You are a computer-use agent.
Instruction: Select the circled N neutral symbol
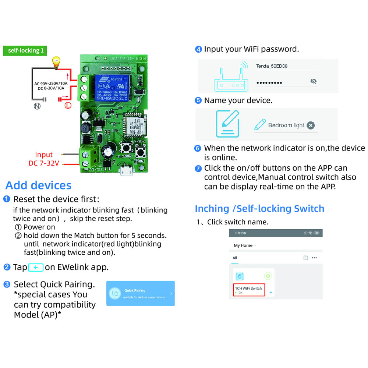(x=37, y=106)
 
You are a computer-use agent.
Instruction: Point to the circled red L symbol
(x=68, y=106)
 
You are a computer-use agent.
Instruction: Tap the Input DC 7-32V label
(x=44, y=159)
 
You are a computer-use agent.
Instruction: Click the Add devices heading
(x=38, y=185)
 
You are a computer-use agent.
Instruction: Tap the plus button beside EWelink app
(x=36, y=268)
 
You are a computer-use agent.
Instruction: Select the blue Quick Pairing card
(x=140, y=293)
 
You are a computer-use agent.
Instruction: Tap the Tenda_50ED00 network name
(x=272, y=66)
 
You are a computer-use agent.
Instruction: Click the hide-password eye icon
(x=313, y=81)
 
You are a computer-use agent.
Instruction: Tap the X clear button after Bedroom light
(x=311, y=125)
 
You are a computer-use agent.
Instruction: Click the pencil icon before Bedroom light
(x=260, y=125)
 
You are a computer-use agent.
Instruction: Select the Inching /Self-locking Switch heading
(x=259, y=209)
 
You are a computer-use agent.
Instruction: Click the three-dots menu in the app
(x=314, y=258)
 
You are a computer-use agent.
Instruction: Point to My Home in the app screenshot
(x=243, y=245)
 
